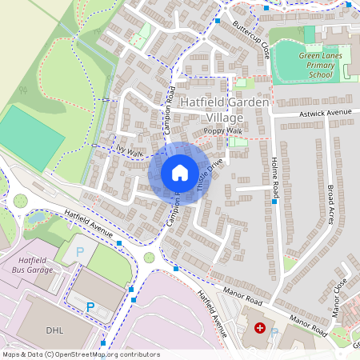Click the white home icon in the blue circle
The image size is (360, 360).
[x=180, y=173]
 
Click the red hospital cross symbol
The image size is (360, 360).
[x=259, y=328]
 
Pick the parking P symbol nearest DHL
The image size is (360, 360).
[x=90, y=306]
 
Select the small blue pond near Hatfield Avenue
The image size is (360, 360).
[x=35, y=217]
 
